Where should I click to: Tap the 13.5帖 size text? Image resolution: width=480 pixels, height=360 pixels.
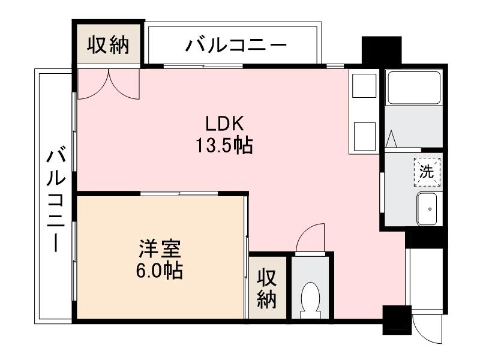coord(223,145)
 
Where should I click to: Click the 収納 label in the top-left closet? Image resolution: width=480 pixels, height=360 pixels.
coord(109,45)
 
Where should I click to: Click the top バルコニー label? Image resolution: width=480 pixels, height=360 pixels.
coord(236,46)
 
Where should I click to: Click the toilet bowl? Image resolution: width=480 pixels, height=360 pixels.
coord(310,297)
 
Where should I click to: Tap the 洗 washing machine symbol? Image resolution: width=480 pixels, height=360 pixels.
coord(427,171)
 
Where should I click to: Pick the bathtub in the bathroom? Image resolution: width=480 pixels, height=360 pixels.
coord(413,88)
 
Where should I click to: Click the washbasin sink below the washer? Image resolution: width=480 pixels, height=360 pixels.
coord(429,209)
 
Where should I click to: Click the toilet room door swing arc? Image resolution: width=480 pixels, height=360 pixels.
coord(311,238)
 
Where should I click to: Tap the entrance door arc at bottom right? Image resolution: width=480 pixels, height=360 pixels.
coord(427,329)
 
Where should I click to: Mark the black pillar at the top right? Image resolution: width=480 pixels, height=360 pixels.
coord(381,51)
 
